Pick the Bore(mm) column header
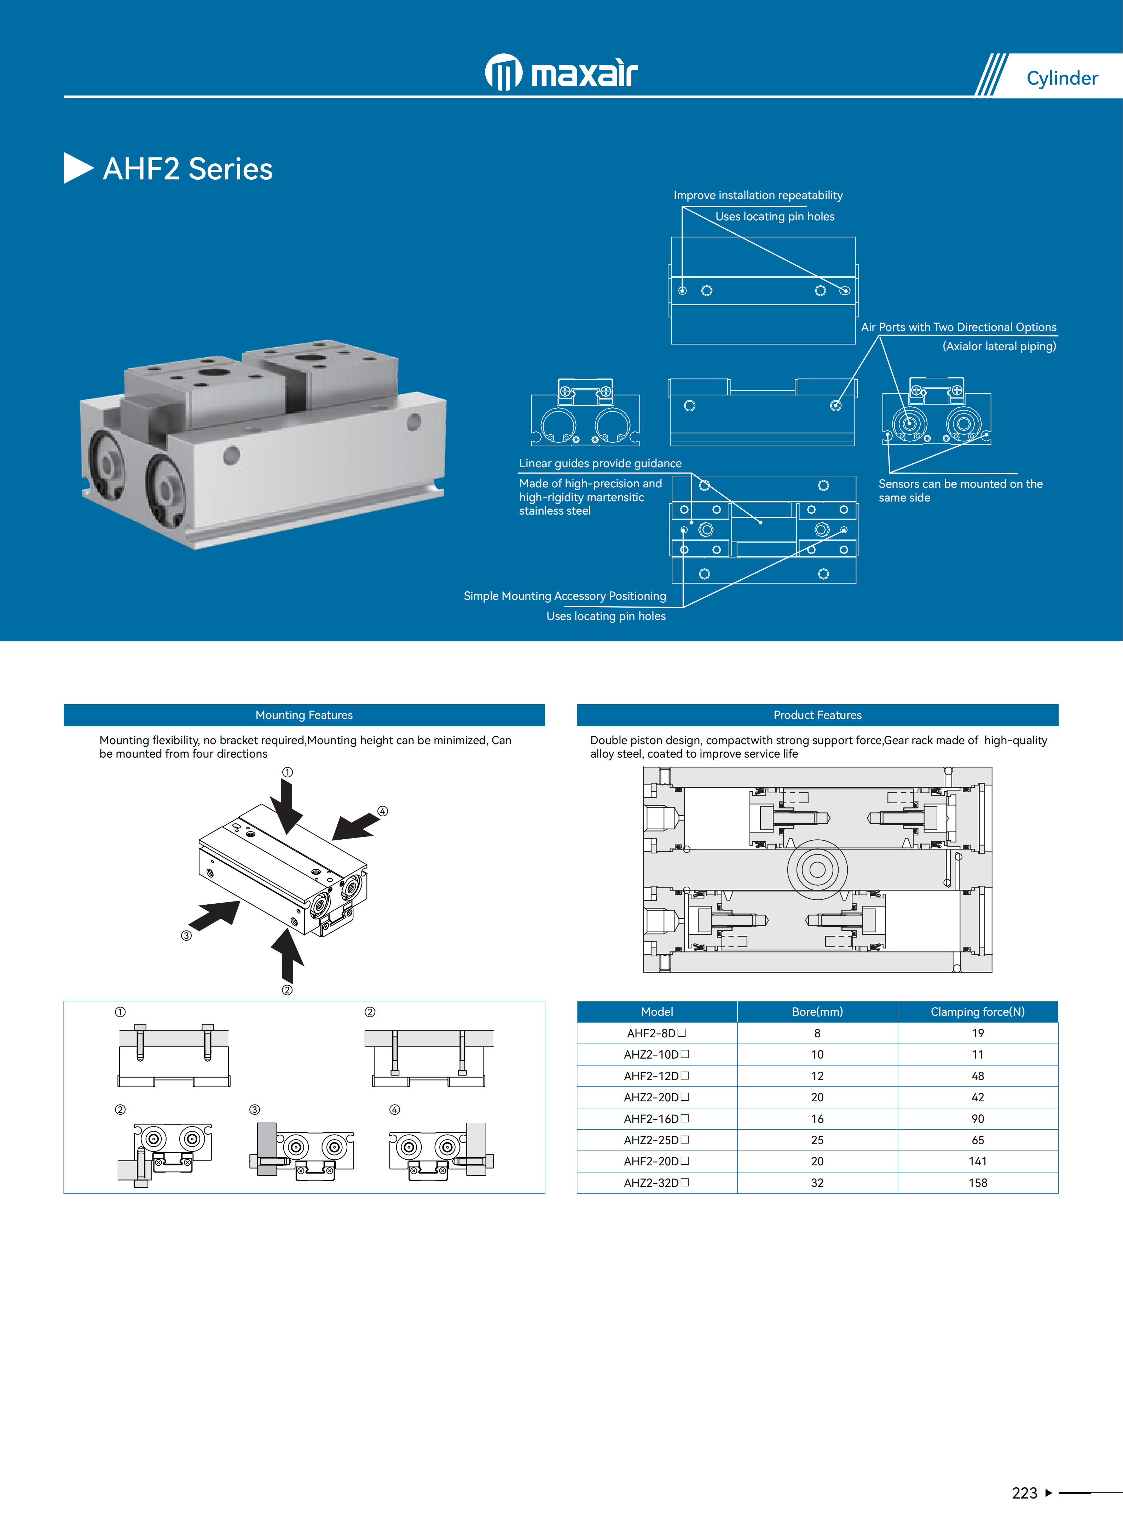pos(817,1012)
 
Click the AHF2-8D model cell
pos(656,1033)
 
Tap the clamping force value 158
pos(978,1183)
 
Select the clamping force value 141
pos(978,1161)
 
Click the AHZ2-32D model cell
pos(656,1183)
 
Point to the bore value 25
pos(817,1140)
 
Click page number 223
pos(1024,1493)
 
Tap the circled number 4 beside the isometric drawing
pos(383,811)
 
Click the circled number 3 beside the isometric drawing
pos(186,935)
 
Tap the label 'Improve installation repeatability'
pos(758,195)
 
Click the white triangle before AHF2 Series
pos(77,168)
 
